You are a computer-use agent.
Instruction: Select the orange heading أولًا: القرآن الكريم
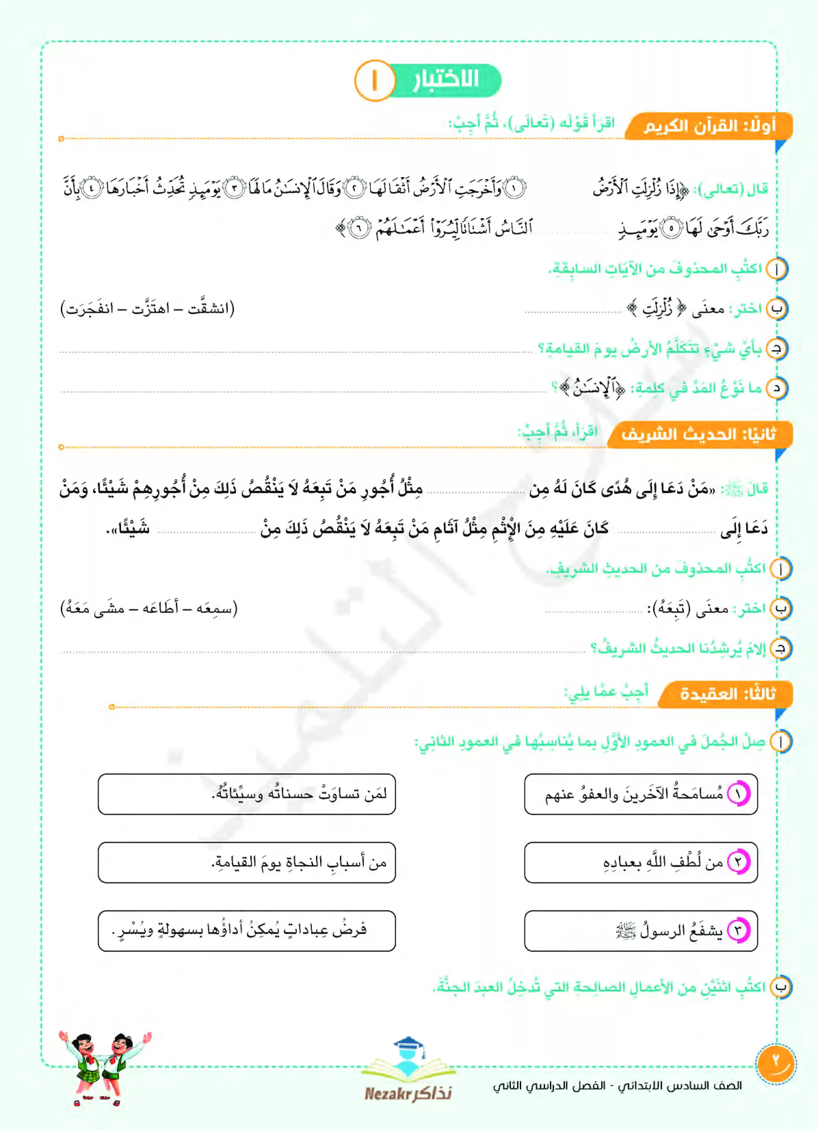(709, 126)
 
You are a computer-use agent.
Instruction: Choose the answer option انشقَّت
(210, 309)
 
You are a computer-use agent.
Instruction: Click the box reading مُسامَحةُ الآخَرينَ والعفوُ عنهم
(641, 794)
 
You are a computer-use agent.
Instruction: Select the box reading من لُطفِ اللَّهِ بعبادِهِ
(641, 862)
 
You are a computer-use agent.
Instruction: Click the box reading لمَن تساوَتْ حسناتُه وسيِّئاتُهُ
(247, 794)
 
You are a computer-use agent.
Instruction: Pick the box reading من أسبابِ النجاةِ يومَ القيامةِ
(247, 862)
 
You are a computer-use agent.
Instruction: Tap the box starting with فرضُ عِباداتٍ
(247, 931)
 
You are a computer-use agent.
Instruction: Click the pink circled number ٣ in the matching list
(739, 931)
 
